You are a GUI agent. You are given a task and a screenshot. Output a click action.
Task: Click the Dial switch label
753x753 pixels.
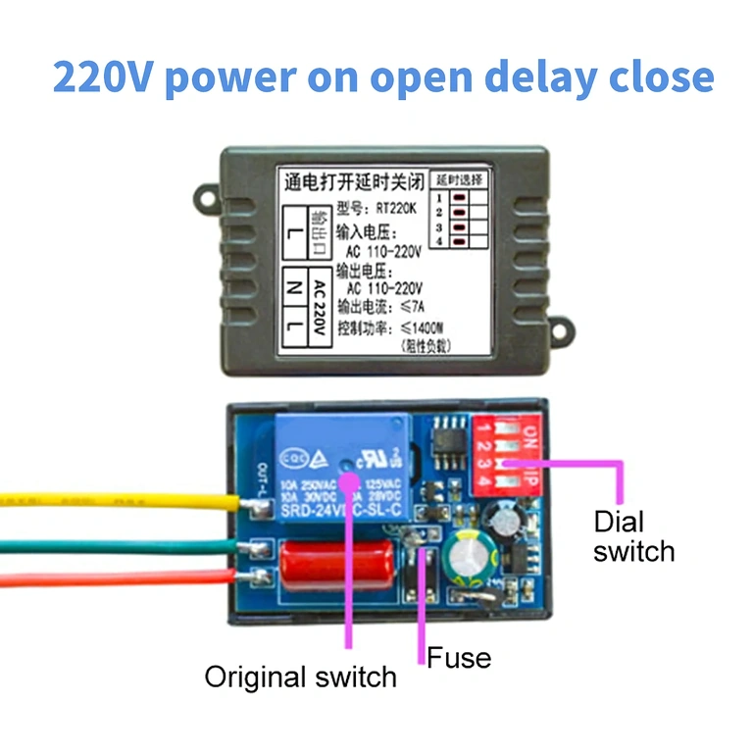tap(633, 535)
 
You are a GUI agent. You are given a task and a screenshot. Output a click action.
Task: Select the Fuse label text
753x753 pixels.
tap(459, 657)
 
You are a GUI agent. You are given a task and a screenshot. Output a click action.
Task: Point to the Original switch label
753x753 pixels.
tap(300, 677)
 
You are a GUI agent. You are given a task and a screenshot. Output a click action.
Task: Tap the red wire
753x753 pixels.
tap(118, 578)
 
